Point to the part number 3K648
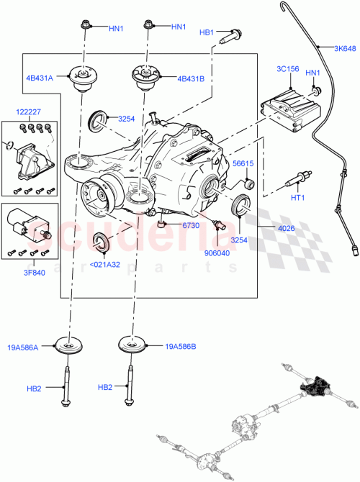click(345, 48)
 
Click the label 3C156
click(287, 69)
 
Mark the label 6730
click(189, 226)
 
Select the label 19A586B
click(181, 347)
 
